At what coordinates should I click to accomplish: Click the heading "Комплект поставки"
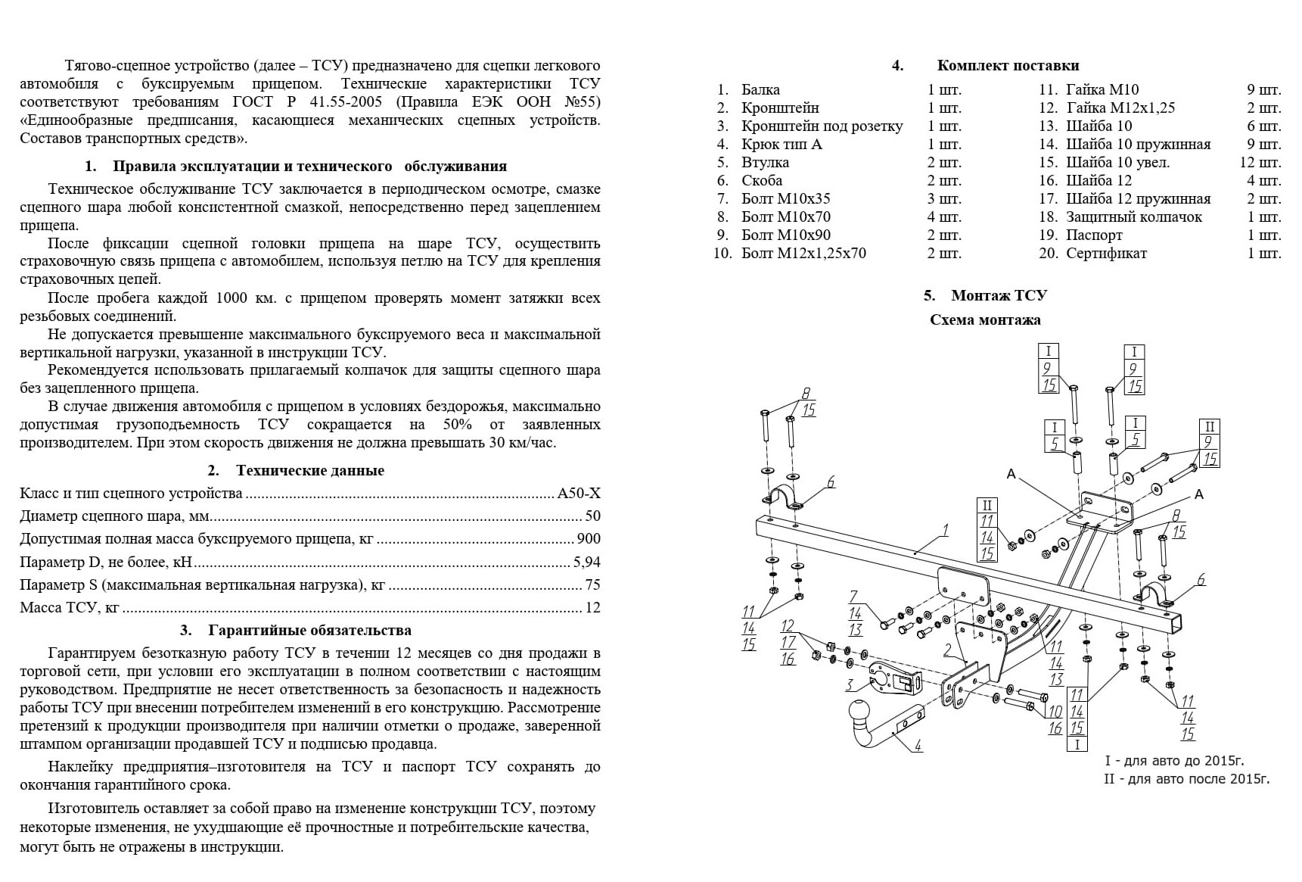coord(1008,66)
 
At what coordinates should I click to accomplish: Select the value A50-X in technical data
coord(579,494)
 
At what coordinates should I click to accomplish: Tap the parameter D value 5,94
coord(586,563)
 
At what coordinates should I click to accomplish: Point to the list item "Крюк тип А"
coord(782,145)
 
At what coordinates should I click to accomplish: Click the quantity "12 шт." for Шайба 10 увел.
coord(1260,163)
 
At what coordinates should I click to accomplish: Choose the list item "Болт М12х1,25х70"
coord(803,254)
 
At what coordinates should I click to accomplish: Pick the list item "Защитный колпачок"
coord(1133,217)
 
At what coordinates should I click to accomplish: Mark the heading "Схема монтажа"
coord(985,320)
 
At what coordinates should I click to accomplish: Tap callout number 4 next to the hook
coord(918,746)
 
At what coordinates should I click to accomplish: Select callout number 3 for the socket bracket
coord(850,685)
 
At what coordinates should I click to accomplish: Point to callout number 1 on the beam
coord(945,530)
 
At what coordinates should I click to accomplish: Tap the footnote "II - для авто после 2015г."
coord(1186,779)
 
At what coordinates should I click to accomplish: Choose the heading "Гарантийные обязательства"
coord(309,631)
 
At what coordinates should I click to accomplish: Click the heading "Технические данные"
coord(309,471)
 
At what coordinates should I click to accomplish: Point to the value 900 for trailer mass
coord(589,539)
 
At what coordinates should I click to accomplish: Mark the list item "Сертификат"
coord(1106,254)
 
